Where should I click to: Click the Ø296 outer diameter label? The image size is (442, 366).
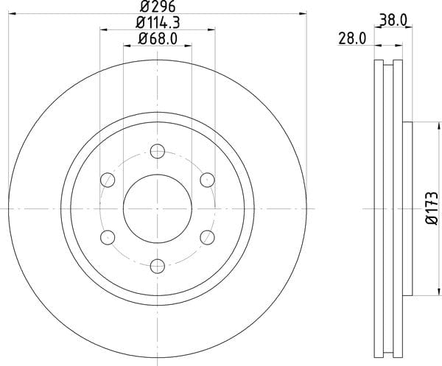pyautogui.click(x=158, y=6)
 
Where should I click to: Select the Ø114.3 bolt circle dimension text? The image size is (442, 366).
pyautogui.click(x=158, y=23)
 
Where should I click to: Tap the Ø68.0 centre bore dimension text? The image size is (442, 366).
pyautogui.click(x=158, y=38)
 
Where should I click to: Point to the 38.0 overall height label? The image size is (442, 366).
pyautogui.click(x=393, y=21)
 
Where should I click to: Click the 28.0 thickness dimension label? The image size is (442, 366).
pyautogui.click(x=352, y=38)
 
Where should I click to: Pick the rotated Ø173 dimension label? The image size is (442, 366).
pyautogui.click(x=432, y=208)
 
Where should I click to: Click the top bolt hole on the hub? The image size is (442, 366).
pyautogui.click(x=158, y=151)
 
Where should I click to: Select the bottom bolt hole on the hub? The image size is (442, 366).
pyautogui.click(x=158, y=266)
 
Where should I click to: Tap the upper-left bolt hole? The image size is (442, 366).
pyautogui.click(x=108, y=180)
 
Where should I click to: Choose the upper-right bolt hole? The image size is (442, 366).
pyautogui.click(x=207, y=180)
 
